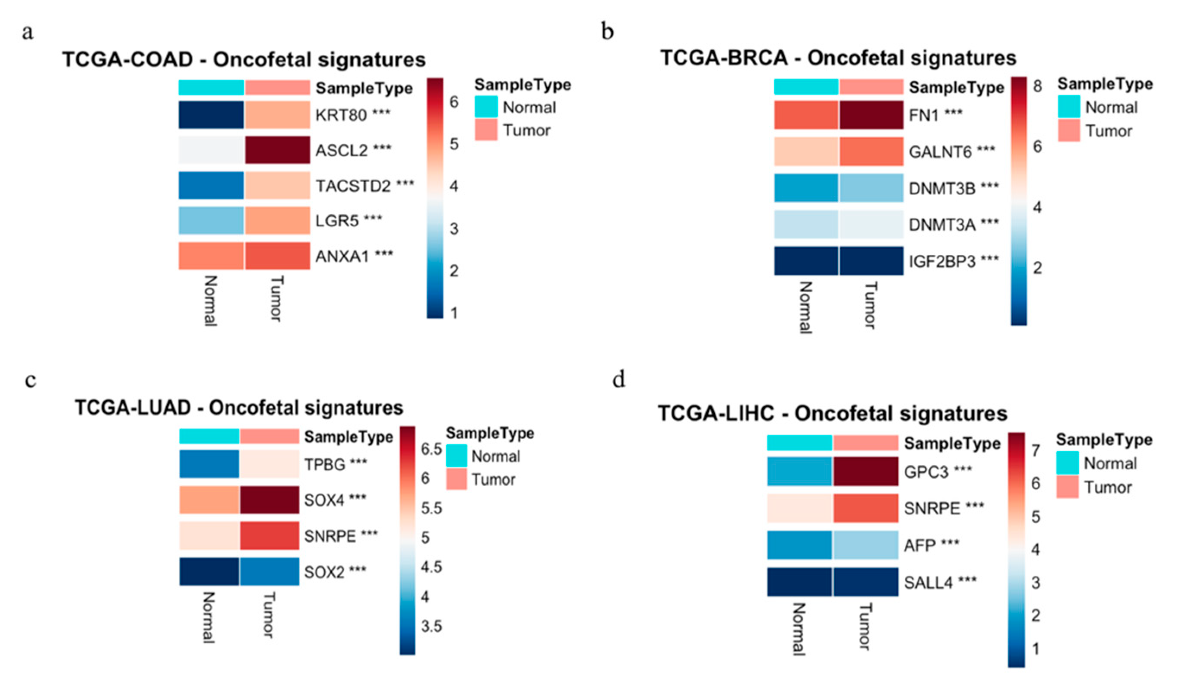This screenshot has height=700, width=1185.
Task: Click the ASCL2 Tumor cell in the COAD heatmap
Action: pos(277,150)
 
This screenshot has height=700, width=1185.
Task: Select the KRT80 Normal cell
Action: pos(211,114)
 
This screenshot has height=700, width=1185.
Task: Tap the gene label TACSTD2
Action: pos(353,186)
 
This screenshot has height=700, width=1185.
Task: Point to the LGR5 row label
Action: pos(337,221)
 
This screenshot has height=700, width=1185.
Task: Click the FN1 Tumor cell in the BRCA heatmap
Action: pos(871,114)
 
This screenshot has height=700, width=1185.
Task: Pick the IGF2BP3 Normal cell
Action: pos(806,260)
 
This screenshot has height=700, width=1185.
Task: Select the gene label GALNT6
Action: pos(940,152)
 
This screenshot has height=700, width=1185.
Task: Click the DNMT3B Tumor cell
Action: pos(871,188)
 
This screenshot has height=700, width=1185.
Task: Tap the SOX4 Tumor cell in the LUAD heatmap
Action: pos(269,500)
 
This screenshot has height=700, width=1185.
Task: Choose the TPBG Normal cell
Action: pos(209,464)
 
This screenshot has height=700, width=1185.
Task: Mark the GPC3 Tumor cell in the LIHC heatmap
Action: pos(865,471)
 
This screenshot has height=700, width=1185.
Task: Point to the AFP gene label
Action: pos(919,546)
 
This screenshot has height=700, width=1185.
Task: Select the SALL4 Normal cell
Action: pos(800,582)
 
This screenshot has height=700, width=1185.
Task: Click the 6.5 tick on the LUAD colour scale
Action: pos(431,449)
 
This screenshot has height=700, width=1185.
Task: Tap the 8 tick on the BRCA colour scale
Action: pos(1037,86)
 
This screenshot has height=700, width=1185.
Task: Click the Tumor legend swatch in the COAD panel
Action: pos(486,130)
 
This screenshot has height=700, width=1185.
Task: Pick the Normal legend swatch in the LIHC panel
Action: pos(1067,463)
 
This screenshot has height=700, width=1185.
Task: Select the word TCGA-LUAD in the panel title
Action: pos(133,408)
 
